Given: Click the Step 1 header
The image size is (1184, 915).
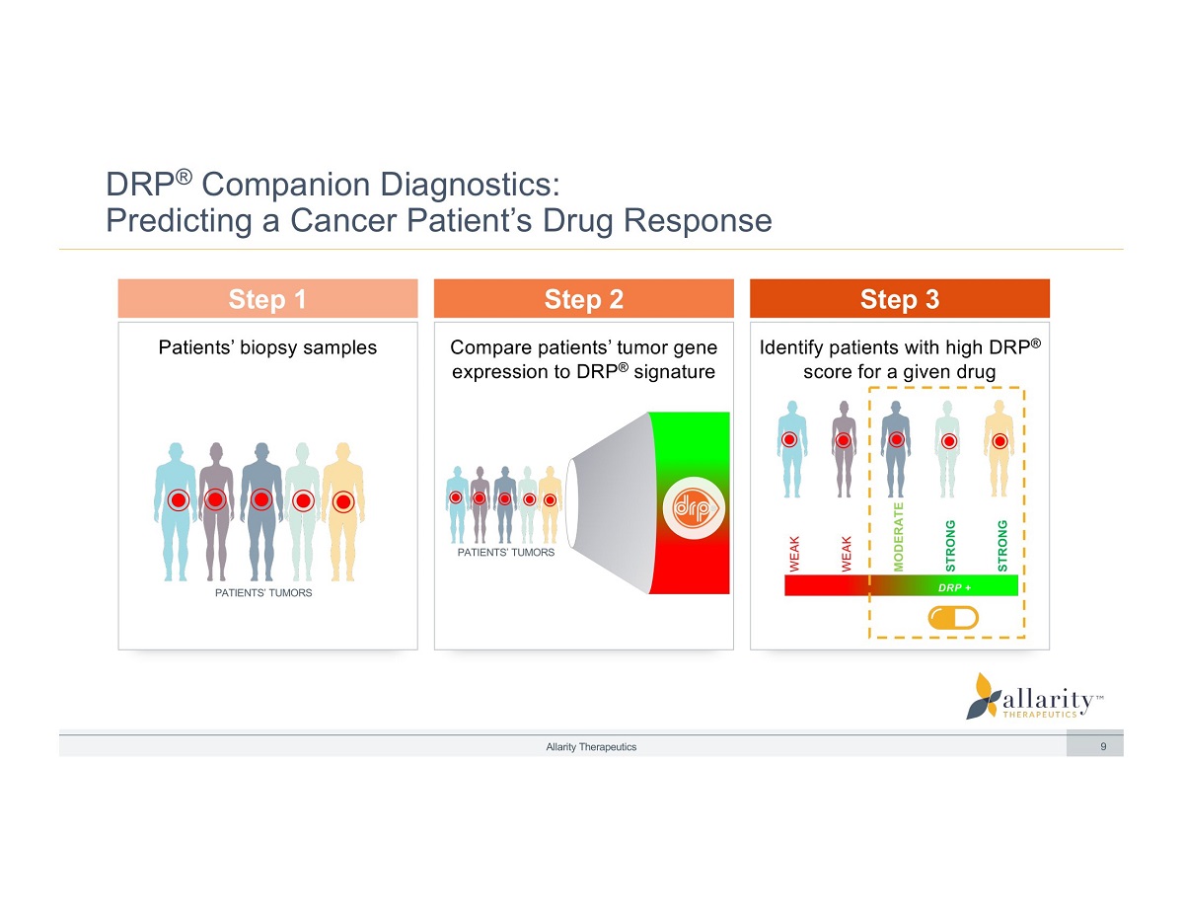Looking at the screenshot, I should click(267, 299).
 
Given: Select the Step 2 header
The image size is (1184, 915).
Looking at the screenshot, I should click(583, 299).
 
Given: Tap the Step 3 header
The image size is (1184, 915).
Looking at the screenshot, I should click(899, 299).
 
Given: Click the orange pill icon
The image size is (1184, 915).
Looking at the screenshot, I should click(952, 618).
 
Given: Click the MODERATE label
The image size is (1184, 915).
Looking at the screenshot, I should click(899, 536).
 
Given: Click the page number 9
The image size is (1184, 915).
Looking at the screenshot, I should click(1103, 747).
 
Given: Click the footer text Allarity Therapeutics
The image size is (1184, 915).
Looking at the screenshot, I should click(591, 747).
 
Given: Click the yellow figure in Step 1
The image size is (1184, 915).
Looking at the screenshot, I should click(342, 508).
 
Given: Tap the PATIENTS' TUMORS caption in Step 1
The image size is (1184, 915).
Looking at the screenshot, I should click(263, 593).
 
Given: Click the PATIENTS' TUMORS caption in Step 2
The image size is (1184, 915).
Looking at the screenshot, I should click(506, 553).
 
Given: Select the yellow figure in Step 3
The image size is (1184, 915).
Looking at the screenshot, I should click(999, 446).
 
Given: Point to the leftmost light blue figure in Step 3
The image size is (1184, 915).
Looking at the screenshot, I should click(790, 446).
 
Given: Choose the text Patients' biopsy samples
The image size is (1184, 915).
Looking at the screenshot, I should click(267, 347).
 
